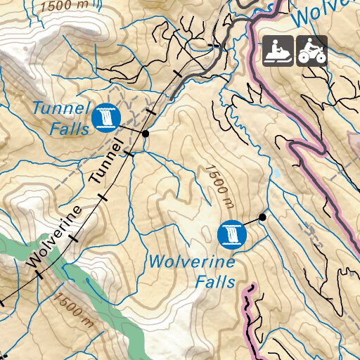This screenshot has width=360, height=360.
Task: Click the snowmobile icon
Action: click(x=278, y=51)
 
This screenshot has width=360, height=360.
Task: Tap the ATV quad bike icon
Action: click(x=311, y=51)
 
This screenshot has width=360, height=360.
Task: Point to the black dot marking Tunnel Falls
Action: click(x=146, y=133)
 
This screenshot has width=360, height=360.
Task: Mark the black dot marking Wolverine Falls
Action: click(x=262, y=217)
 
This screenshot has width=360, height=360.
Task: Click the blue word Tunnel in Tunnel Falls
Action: click(x=62, y=109)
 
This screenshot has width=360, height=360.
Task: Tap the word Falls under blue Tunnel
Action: click(x=69, y=129)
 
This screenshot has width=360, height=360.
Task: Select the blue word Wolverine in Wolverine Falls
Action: click(x=191, y=262)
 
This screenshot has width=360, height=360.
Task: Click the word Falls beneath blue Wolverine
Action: click(x=215, y=282)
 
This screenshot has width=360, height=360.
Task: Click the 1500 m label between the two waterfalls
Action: click(x=219, y=186)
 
